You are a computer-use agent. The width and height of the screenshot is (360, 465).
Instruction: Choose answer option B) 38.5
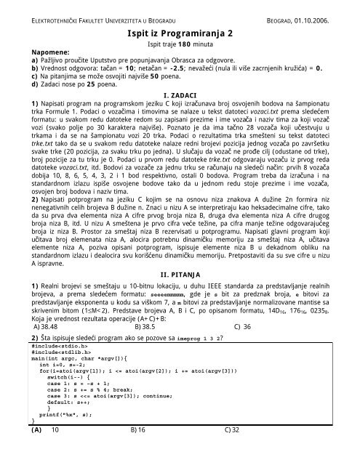coord(143,307)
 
